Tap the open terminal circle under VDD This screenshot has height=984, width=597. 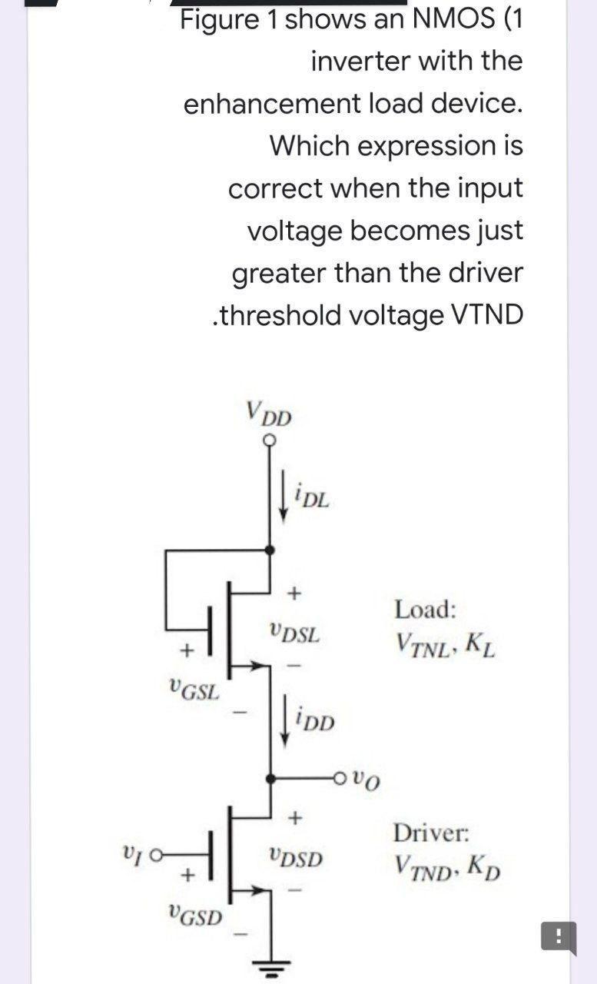coord(269,440)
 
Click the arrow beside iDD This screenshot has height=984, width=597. coord(285,723)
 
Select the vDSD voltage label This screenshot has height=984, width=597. coord(296,857)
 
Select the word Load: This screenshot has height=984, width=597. coord(426,610)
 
